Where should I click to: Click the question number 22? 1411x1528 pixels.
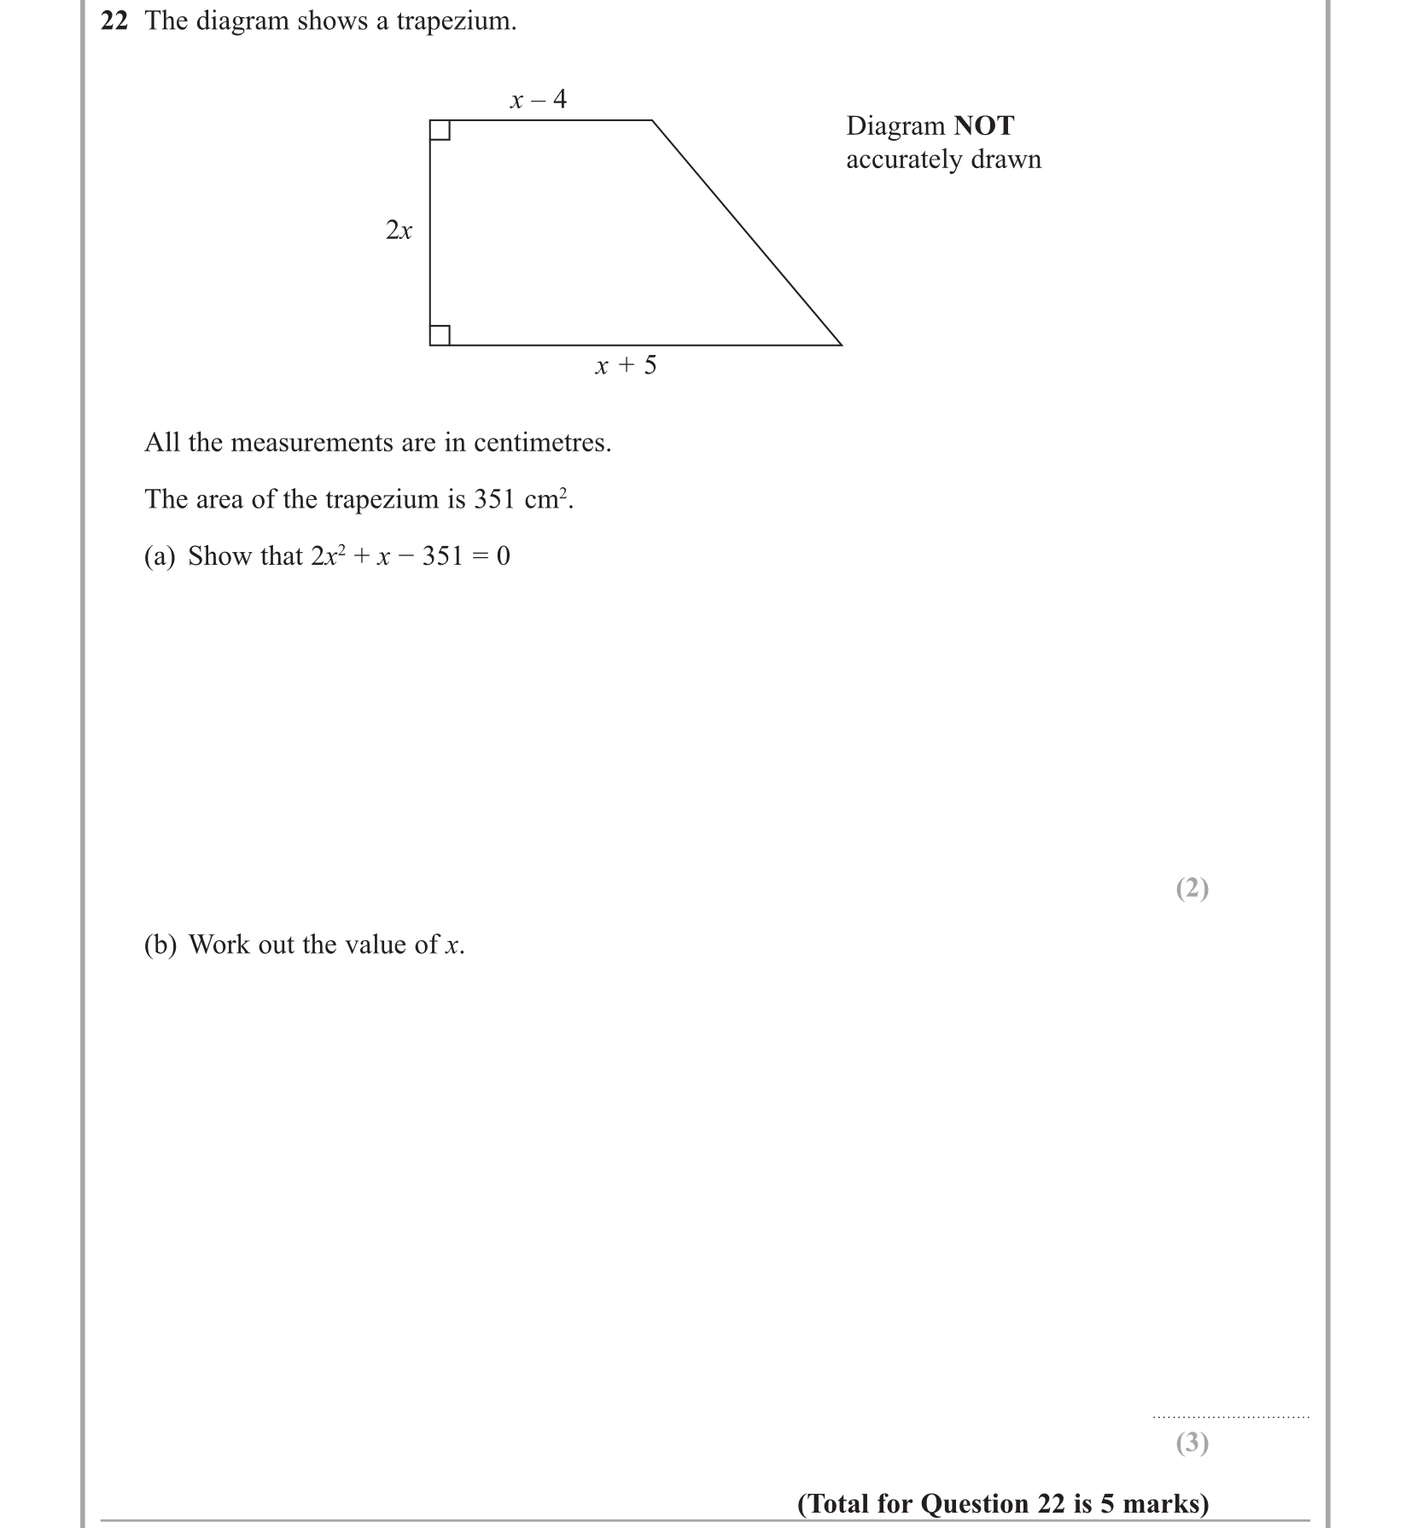(x=114, y=21)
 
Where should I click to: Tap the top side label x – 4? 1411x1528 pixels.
(x=538, y=100)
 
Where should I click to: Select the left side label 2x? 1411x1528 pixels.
(x=399, y=230)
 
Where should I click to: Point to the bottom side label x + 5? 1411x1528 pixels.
(x=626, y=366)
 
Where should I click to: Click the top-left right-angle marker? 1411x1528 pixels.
(x=440, y=131)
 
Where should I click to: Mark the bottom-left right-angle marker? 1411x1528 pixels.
(x=440, y=335)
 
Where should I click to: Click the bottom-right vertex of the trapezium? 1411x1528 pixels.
(x=841, y=345)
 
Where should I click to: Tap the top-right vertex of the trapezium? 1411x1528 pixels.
(x=652, y=121)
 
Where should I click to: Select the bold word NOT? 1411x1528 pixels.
(x=983, y=126)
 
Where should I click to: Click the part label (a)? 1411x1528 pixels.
(x=160, y=556)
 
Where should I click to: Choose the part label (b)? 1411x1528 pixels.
(x=160, y=945)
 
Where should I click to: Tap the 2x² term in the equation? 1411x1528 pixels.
(x=327, y=556)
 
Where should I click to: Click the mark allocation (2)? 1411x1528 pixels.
(x=1192, y=889)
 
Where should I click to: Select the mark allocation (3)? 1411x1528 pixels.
(x=1192, y=1443)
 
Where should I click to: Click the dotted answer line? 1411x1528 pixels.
(x=1230, y=1417)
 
